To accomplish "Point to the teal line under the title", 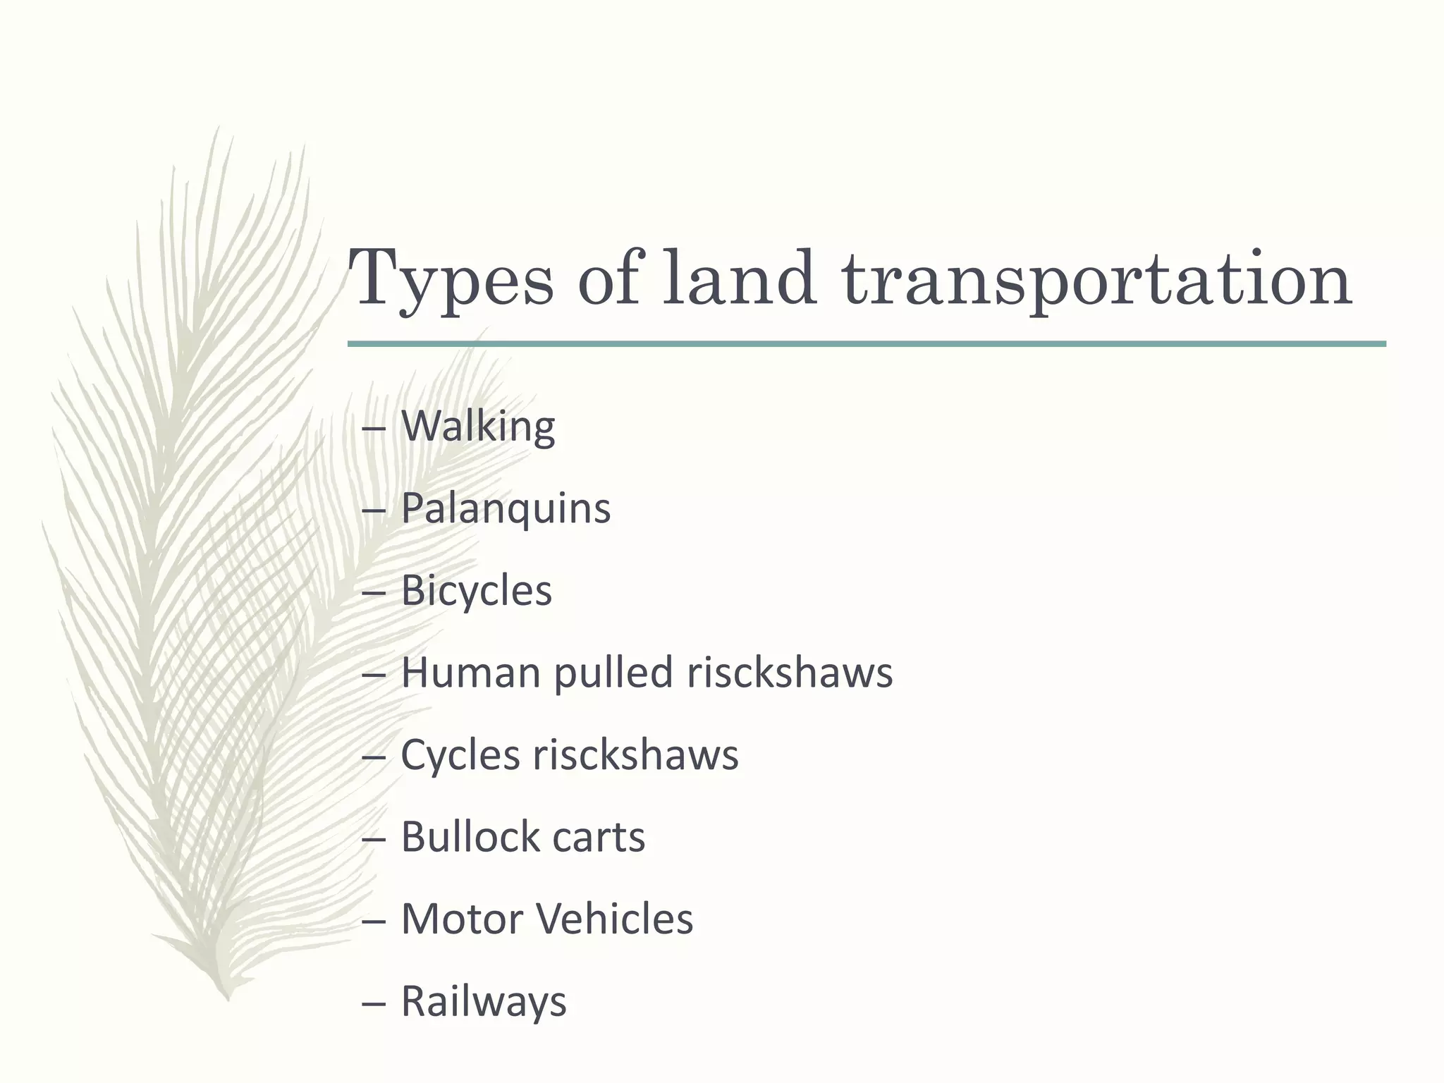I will coord(867,344).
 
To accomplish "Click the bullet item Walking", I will coord(478,426).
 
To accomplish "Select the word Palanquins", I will coord(506,508).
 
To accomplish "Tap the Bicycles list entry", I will coord(477,590).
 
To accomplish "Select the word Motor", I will coord(462,919).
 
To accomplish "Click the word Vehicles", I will coord(614,919).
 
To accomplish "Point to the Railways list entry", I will coord(484,1001).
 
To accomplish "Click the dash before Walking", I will coord(373,428).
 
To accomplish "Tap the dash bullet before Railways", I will coord(373,1003).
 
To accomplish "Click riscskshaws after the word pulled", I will coord(790,672).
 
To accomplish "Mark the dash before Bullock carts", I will coord(373,838).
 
